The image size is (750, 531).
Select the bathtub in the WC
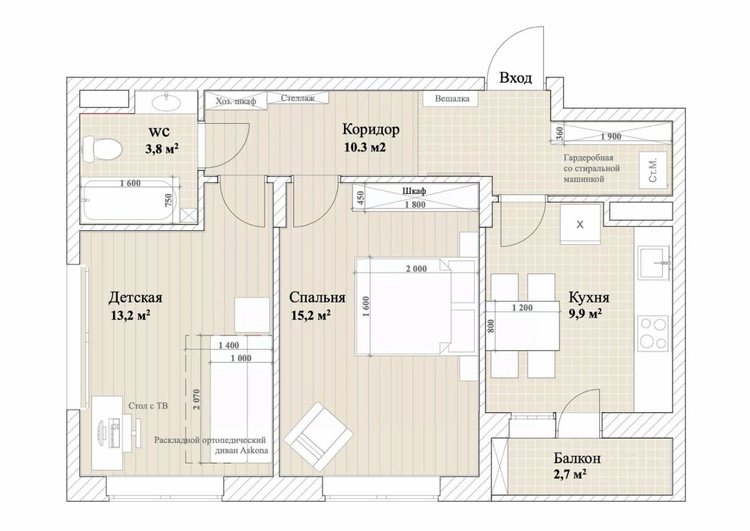(130, 200)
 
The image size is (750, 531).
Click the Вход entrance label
(515, 78)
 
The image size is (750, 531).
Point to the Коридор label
(371, 130)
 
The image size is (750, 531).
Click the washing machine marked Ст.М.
(653, 170)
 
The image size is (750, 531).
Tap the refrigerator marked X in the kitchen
(580, 224)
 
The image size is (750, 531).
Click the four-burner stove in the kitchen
(653, 333)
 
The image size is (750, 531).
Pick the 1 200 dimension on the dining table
(522, 308)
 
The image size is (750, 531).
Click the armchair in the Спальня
(318, 436)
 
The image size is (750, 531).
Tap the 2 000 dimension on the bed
(416, 269)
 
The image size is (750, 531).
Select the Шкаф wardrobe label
(414, 191)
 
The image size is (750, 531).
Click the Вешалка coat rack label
(452, 98)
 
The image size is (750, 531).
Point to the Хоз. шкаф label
(236, 101)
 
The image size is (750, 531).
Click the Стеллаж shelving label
(298, 98)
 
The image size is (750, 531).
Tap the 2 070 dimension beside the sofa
(196, 399)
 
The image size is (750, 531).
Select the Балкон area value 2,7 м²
(570, 474)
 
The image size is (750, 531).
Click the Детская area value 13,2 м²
(130, 315)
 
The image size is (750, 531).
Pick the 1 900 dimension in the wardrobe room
(611, 136)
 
